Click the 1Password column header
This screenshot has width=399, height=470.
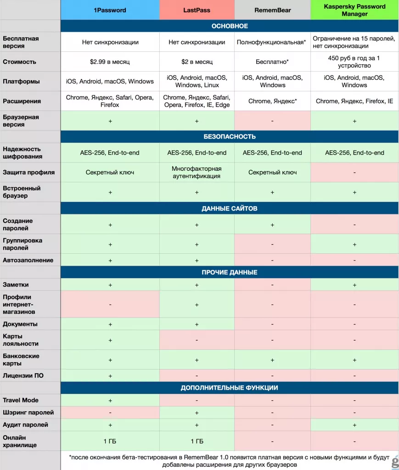110,10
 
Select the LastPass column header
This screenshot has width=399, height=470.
197,10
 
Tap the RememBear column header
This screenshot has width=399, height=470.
272,10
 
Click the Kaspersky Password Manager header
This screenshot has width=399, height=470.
354,10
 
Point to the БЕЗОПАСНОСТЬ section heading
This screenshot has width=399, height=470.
230,137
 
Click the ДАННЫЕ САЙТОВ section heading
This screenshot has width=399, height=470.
230,208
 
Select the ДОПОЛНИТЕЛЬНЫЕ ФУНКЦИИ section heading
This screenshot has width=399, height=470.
230,388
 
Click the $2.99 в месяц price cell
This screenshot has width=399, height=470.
110,62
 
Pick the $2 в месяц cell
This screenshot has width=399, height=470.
197,62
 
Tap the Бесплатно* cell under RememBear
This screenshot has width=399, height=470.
272,62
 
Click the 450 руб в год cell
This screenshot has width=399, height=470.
354,62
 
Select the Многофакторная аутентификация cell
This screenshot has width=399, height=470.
197,173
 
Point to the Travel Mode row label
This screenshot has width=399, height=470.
21,400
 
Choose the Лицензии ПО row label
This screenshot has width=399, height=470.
23,375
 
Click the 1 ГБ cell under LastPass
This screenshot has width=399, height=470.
197,441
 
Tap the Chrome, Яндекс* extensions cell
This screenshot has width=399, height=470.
272,101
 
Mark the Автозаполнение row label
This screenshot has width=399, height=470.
28,260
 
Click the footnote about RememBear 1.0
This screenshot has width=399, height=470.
229,461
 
